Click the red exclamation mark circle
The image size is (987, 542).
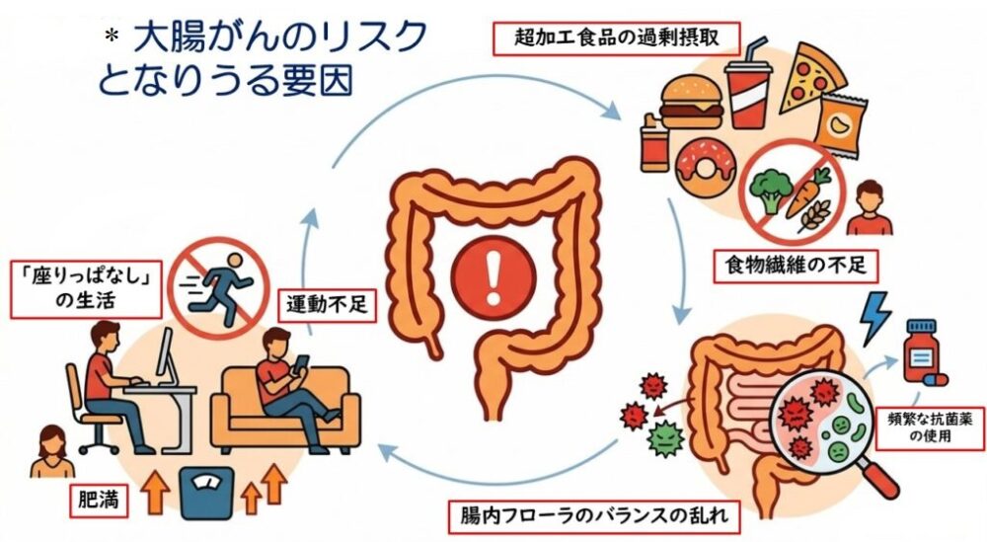(x=493, y=278)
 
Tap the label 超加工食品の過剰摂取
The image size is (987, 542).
(x=616, y=39)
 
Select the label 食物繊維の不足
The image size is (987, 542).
(x=796, y=265)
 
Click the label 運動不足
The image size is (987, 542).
(x=327, y=305)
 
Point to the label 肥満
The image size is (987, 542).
(x=99, y=502)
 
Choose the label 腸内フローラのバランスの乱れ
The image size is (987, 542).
(x=594, y=516)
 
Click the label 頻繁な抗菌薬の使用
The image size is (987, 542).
(x=930, y=427)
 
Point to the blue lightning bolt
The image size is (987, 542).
(x=874, y=318)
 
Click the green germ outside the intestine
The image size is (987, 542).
(x=665, y=437)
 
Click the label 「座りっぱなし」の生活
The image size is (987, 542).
(x=86, y=289)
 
